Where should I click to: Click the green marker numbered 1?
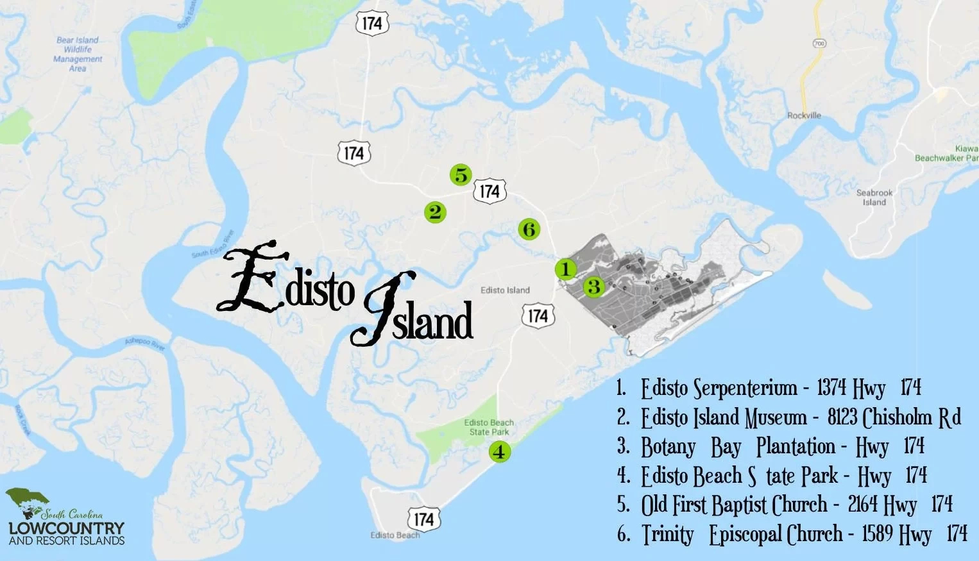tap(565, 269)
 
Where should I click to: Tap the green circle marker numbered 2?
tap(435, 212)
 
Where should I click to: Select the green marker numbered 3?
tap(594, 286)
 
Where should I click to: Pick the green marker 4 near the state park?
tap(499, 451)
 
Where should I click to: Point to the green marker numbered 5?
tap(460, 174)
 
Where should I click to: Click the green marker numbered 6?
tap(529, 229)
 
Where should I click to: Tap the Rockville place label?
tap(804, 115)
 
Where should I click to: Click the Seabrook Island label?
tap(874, 197)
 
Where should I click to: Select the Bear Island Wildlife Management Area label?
tap(78, 54)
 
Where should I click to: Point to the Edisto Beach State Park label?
tap(489, 427)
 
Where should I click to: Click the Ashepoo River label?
tap(145, 344)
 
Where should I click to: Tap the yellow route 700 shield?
tap(819, 44)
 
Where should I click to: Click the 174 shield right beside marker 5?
tap(489, 191)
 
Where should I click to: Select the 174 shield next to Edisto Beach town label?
tap(423, 519)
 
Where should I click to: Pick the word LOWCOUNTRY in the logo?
tap(66, 528)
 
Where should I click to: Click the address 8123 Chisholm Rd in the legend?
tap(894, 417)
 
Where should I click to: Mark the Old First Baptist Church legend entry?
tap(734, 505)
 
